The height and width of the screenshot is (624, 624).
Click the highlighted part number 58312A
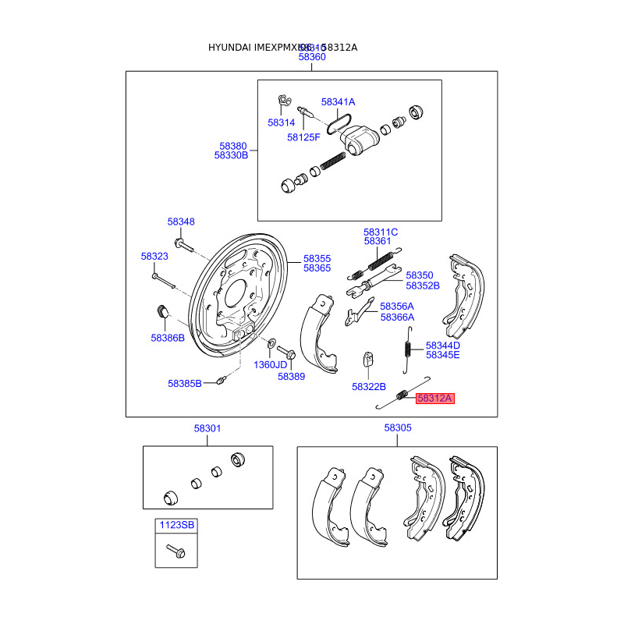(434, 398)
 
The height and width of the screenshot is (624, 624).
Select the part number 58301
(207, 428)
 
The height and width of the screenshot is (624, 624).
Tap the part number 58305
(398, 428)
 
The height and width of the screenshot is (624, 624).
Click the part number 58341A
(338, 102)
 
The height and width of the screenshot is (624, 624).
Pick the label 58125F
(303, 137)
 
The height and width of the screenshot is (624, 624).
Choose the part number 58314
(281, 122)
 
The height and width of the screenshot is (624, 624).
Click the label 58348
(181, 222)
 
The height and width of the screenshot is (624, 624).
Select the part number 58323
(154, 256)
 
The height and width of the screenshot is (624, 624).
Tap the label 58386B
(168, 338)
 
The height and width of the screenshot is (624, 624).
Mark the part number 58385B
(185, 383)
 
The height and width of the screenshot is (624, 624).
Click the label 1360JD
(271, 364)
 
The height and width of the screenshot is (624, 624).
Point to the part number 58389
(291, 376)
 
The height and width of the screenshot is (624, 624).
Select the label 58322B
(369, 386)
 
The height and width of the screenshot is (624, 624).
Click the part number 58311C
(381, 232)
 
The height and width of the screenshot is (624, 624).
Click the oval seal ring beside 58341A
(338, 121)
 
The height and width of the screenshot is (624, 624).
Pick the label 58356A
(397, 307)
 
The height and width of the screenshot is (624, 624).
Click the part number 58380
(232, 146)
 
